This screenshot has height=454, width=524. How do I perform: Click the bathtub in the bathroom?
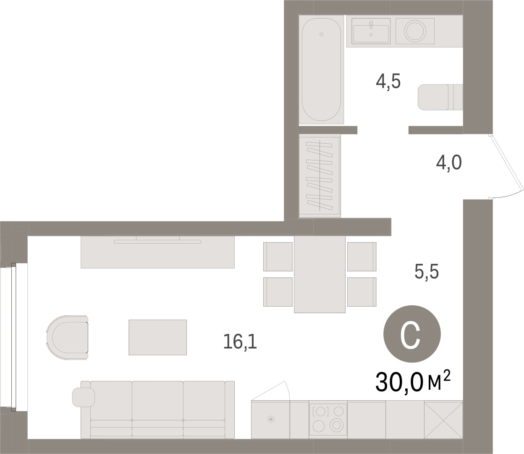coord(321,69)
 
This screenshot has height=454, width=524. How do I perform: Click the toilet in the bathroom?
coord(440,97)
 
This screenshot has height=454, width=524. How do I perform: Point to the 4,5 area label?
coord(388,81)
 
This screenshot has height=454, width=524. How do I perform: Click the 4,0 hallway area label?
coord(449,163)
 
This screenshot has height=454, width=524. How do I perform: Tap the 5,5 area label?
coord(427,272)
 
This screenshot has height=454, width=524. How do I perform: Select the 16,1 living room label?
coord(240,341)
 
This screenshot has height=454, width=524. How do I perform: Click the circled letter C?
coord(412,334)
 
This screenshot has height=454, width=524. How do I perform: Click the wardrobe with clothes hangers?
coord(320,176)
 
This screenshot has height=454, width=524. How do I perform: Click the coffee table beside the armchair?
coord(158,337)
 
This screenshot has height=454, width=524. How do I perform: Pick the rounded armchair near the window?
coord(68,337)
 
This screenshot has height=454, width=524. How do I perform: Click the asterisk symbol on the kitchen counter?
coord(271,420)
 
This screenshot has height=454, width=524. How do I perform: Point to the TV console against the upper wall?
coord(157,252)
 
